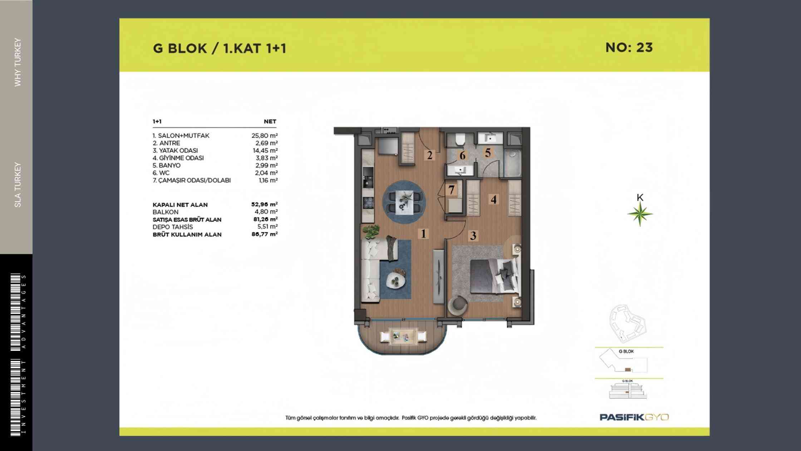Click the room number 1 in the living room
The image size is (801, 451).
click(423, 234)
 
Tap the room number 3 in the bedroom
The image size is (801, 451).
click(473, 236)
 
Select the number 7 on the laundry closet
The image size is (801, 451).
click(451, 190)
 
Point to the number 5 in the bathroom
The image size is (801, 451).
click(488, 153)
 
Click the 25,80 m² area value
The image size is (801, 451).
click(265, 136)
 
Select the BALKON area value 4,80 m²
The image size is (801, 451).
click(266, 212)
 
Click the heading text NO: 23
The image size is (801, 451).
click(629, 48)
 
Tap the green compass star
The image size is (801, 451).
click(640, 214)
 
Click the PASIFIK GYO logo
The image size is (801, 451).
click(634, 417)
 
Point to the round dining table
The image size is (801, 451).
click(404, 202)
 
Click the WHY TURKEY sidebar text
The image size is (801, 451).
click(18, 62)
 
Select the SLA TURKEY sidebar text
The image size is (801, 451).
click(18, 185)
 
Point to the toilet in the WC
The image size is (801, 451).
click(460, 139)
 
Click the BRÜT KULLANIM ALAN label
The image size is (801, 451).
click(187, 234)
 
